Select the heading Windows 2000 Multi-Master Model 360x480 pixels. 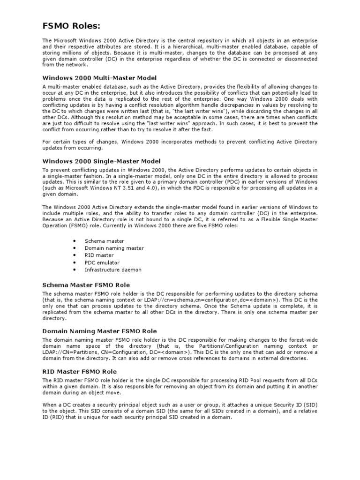99,77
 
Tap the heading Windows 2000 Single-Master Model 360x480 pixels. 101,161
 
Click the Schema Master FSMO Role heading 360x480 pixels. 86,285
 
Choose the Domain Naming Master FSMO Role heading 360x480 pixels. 99,331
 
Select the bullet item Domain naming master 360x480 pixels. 114,248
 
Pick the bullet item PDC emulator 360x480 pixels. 102,262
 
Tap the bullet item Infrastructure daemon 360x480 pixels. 112,270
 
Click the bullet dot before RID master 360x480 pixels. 75,255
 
